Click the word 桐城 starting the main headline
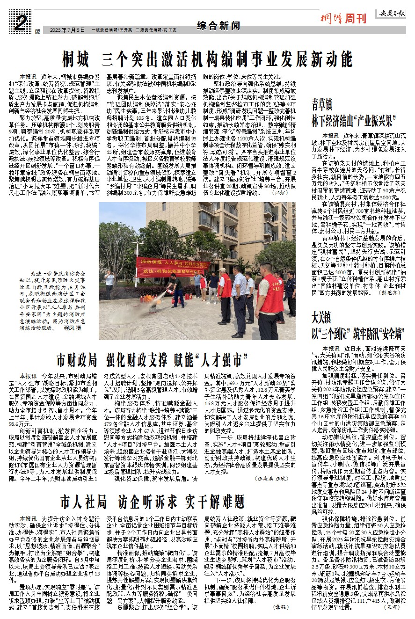pyautogui.click(x=76, y=59)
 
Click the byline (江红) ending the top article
pyautogui.click(x=281, y=192)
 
